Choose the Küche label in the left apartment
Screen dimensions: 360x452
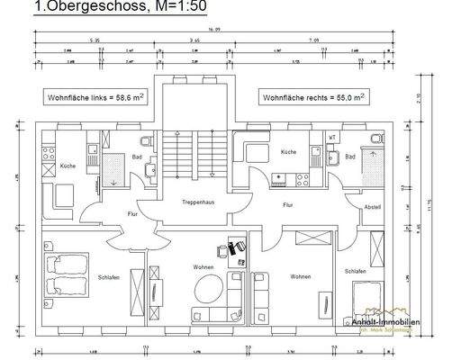(x=68, y=166)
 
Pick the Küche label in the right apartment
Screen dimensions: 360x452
(x=288, y=152)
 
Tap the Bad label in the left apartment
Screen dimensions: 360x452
(x=136, y=157)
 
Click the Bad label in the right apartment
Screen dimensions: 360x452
(x=349, y=157)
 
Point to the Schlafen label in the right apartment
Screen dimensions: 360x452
(x=355, y=270)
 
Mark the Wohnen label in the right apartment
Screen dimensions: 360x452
(x=301, y=277)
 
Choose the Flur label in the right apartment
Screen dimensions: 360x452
(x=288, y=205)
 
